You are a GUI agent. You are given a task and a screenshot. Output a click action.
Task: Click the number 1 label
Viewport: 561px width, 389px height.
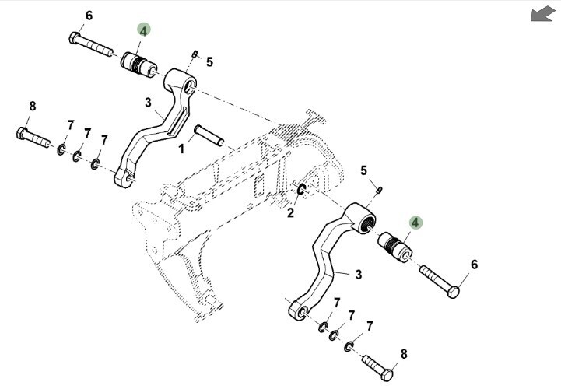(x=181, y=147)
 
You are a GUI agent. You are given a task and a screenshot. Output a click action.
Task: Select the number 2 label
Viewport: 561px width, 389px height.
(x=290, y=212)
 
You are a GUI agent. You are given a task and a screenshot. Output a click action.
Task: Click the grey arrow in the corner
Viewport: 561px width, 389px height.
(x=542, y=14)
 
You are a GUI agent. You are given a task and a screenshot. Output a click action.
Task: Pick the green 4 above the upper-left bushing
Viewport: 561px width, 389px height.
(x=143, y=30)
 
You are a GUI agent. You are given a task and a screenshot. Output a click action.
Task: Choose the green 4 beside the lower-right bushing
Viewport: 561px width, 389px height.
(x=415, y=223)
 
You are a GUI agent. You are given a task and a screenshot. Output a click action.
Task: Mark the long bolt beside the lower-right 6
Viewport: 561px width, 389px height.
(x=440, y=280)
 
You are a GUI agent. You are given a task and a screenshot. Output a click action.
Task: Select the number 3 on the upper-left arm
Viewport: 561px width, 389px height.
(x=148, y=102)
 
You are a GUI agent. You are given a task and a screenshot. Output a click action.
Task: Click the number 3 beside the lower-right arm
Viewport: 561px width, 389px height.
(x=358, y=274)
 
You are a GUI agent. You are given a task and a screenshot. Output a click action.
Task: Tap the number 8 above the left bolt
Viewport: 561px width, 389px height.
(x=32, y=106)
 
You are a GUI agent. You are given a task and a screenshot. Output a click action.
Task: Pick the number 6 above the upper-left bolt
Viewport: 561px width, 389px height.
(x=89, y=16)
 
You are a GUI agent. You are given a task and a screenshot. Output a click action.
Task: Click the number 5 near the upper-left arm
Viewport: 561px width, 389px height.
(x=209, y=61)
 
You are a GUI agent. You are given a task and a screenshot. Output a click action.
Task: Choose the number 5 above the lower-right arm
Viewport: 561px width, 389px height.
(x=363, y=170)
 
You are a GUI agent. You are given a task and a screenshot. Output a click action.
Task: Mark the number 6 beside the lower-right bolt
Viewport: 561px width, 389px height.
(x=474, y=265)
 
